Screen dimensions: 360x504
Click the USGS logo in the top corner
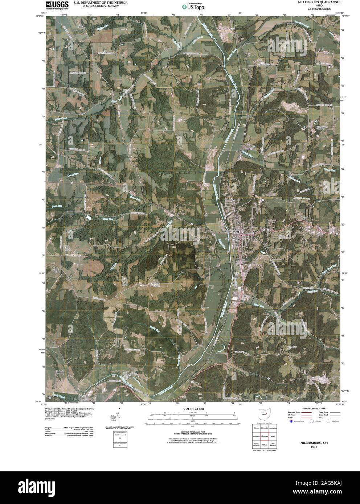pos(54,5)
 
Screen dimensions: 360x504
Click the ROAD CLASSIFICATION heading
pos(311,409)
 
